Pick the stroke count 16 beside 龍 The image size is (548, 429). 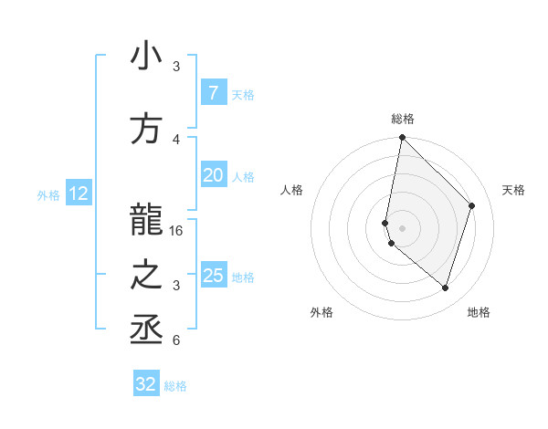click(176, 231)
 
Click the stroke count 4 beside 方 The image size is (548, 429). click(176, 139)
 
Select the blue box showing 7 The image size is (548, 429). click(213, 92)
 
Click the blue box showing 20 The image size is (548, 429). click(213, 175)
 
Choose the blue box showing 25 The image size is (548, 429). click(213, 276)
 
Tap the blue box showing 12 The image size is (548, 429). click(79, 194)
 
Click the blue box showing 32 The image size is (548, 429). click(146, 384)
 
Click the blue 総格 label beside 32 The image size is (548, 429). click(175, 386)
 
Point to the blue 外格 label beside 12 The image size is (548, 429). click(48, 194)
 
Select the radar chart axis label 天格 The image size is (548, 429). click(513, 190)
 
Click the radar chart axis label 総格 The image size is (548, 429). click(403, 119)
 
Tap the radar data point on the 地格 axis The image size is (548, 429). click(445, 288)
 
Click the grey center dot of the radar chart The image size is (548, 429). click(403, 227)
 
